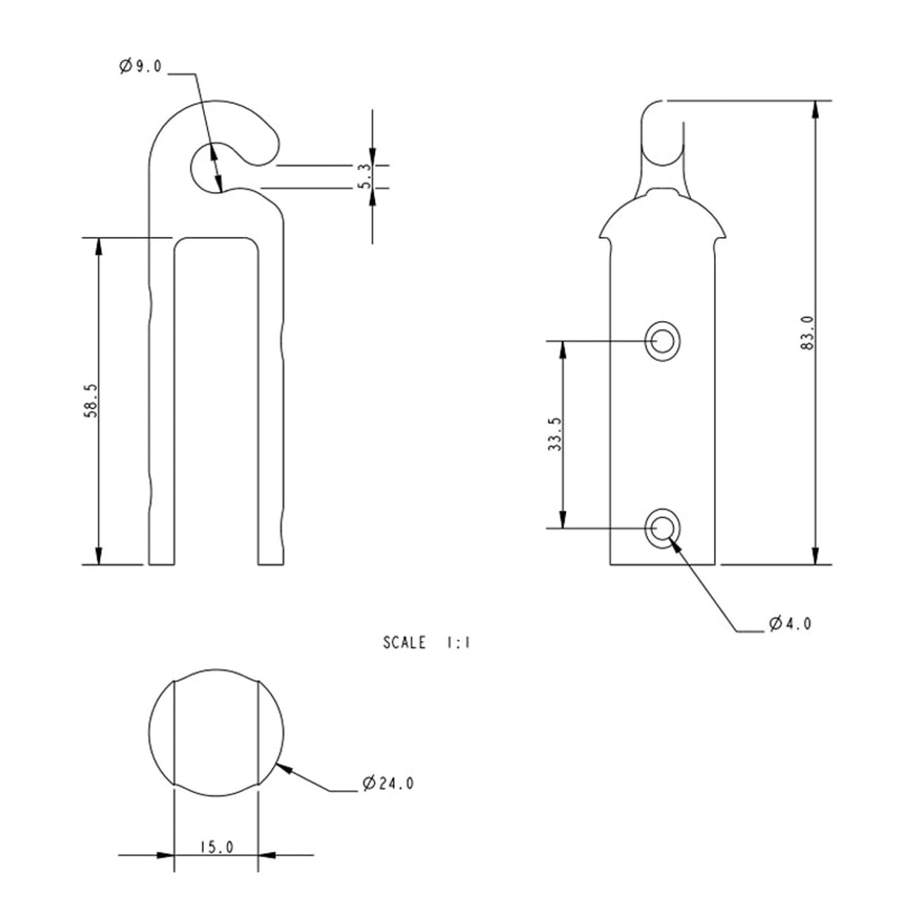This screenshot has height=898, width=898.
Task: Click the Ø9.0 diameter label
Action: coord(139,67)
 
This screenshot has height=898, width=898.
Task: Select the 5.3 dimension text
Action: coord(365,176)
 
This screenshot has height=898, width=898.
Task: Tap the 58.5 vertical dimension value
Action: coord(90,400)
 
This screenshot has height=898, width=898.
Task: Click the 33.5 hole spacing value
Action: coord(555,433)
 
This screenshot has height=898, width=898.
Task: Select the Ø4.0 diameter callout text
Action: coord(790,624)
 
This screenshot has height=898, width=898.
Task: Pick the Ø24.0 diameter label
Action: coord(388,783)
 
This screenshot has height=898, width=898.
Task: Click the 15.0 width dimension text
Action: coord(216,847)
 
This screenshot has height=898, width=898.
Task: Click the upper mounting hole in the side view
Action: coord(662,341)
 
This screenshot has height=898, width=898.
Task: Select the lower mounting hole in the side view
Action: coord(662,528)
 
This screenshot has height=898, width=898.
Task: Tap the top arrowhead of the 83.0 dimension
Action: coord(815,109)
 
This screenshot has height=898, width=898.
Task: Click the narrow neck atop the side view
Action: coord(662,148)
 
